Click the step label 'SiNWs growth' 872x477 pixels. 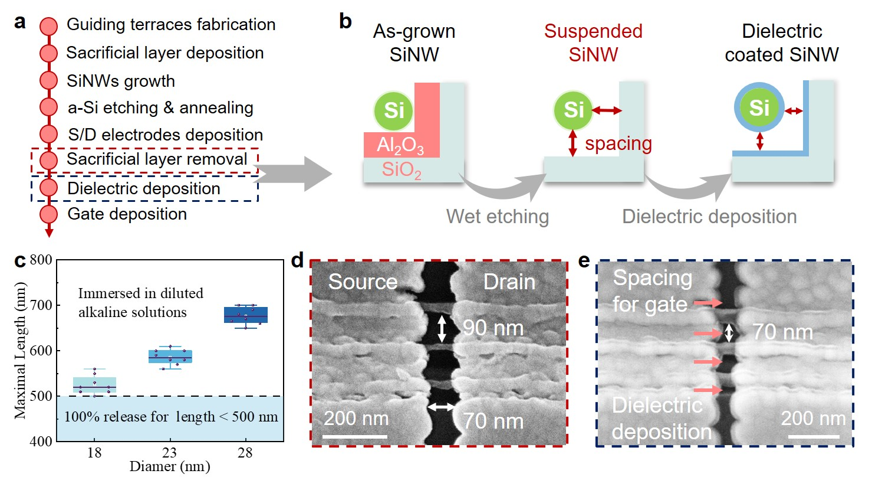pos(120,80)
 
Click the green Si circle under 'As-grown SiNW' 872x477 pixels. pos(394,110)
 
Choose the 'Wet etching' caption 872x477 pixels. pos(497,217)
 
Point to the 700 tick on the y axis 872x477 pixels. pos(44,305)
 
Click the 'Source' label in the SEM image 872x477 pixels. pos(363,282)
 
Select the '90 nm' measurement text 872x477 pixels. pos(484,327)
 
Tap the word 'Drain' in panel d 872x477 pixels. pos(509,282)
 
